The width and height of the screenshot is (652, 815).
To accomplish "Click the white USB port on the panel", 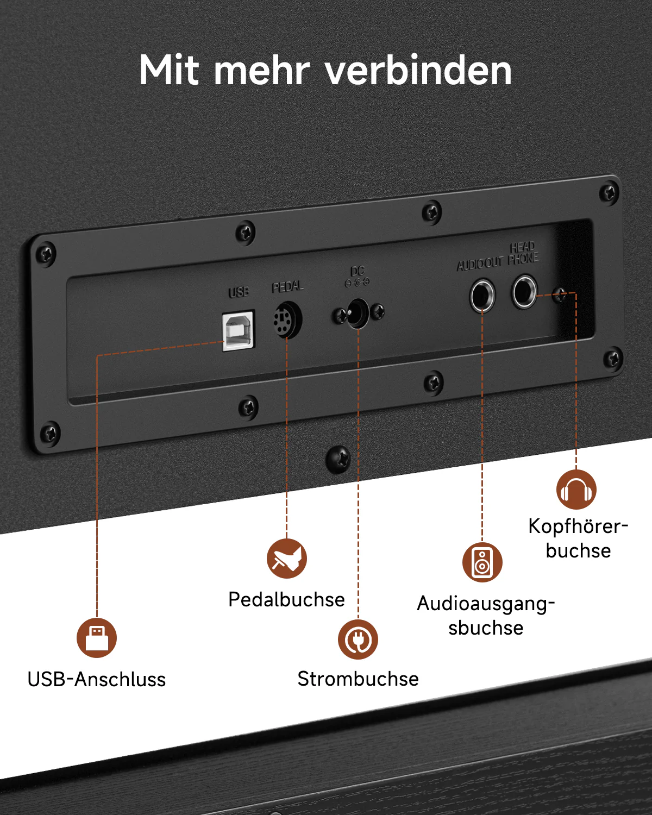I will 239,330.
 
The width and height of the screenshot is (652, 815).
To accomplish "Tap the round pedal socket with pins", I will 287,320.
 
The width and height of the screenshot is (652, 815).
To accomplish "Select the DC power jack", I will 358,312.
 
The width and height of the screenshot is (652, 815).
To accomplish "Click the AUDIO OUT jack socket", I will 482,296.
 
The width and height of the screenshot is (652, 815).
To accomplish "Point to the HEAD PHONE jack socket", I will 524,291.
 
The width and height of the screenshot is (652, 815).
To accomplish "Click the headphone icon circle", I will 576,490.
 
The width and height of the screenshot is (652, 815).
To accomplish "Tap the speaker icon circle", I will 482,562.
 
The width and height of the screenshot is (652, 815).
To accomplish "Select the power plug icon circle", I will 358,640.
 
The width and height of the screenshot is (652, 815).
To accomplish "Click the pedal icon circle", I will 287,559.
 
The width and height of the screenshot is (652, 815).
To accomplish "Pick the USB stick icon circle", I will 97,637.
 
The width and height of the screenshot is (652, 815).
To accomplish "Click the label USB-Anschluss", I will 97,679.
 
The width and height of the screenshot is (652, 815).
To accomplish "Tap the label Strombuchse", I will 358,679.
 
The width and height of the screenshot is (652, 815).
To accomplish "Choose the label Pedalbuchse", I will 286,599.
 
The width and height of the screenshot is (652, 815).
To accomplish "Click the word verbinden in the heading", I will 418,71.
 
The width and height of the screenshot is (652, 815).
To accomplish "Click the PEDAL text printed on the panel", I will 287,286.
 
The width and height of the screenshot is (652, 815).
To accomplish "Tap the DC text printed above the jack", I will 358,271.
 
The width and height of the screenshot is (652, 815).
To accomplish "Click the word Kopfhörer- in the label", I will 578,526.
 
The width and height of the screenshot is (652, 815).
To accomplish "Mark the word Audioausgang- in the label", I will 486,604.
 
